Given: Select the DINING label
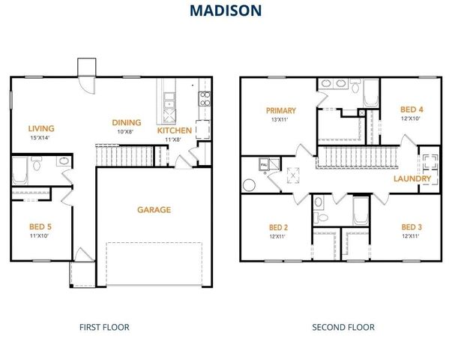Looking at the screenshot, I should click(127, 123).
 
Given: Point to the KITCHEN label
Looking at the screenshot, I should click(173, 130).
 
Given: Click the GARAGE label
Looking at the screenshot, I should click(154, 210).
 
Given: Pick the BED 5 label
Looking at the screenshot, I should click(40, 226).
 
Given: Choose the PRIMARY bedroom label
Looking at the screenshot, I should click(281, 110).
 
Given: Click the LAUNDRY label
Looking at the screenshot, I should click(412, 179).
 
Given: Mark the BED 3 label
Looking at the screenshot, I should click(411, 227).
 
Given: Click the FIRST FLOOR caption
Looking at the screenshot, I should click(104, 327).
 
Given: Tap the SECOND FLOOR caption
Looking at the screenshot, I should click(343, 327).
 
